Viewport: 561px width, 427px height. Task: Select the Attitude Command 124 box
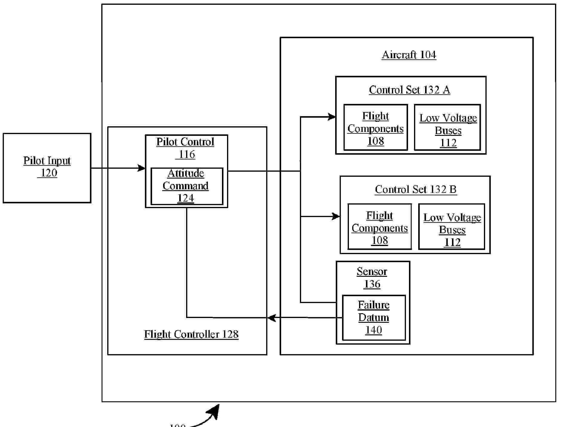click(187, 186)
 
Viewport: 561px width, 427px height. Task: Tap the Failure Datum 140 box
click(374, 317)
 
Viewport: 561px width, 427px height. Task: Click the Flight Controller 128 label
click(191, 334)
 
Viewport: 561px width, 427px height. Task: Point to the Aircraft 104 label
click(409, 55)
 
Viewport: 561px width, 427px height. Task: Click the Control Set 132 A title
click(409, 90)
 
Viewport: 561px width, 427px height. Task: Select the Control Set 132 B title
click(416, 189)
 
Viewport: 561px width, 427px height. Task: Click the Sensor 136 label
click(372, 277)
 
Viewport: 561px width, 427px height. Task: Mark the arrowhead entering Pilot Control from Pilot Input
click(142, 168)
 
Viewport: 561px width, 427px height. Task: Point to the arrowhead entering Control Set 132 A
click(332, 117)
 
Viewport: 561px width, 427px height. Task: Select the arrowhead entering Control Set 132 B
click(336, 216)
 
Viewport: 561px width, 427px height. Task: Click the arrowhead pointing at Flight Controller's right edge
click(271, 318)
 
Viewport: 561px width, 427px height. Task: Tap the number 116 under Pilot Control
click(187, 154)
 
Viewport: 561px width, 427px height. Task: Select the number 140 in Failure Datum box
click(373, 330)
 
